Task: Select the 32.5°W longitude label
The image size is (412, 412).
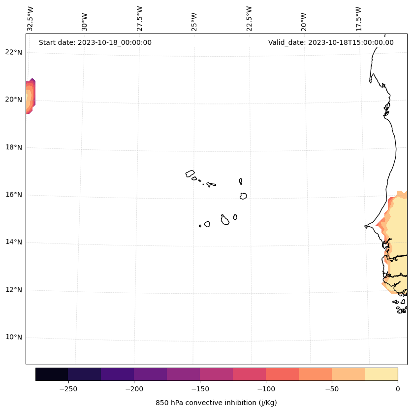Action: tap(31, 19)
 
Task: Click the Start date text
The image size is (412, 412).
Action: tap(95, 42)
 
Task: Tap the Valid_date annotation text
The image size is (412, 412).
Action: tap(331, 42)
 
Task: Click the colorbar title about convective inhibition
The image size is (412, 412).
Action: tap(216, 403)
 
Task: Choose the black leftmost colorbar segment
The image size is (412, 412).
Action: tap(52, 374)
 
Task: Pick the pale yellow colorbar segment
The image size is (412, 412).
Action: tap(381, 374)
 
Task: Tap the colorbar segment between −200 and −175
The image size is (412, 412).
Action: tap(150, 374)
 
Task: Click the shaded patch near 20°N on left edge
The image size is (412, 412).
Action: tap(30, 96)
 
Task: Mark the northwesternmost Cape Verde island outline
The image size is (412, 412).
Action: tap(190, 173)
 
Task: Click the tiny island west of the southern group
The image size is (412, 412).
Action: tap(200, 226)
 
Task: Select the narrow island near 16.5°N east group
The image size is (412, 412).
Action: tap(241, 181)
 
